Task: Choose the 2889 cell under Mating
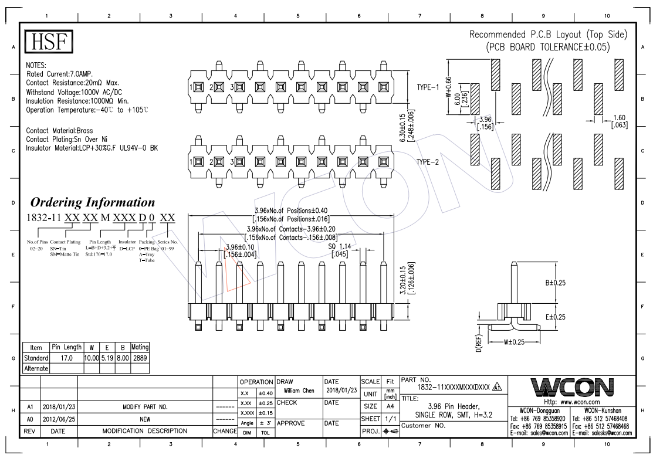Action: pos(140,358)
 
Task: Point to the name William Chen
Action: pos(300,390)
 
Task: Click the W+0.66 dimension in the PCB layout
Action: pos(449,87)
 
